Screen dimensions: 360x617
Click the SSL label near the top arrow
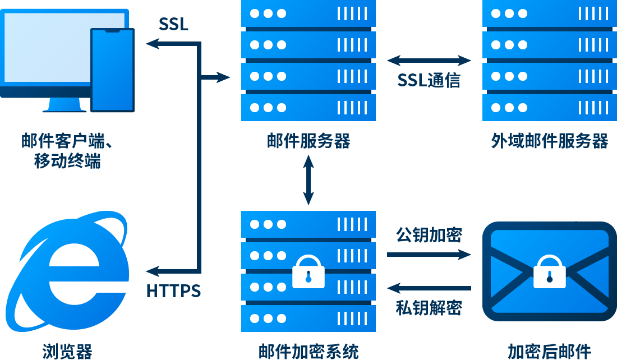click(173, 24)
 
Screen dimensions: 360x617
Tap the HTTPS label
click(173, 292)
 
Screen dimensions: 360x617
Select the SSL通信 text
click(429, 80)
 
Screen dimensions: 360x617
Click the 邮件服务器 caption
click(308, 141)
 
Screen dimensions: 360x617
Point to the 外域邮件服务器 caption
click(550, 141)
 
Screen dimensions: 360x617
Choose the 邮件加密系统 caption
click(308, 351)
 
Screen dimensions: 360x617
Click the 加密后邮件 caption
click(550, 351)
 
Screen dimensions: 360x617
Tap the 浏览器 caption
click(67, 351)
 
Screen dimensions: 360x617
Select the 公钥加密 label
click(429, 234)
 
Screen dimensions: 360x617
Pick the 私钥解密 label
click(429, 308)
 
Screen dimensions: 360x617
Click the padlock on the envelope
click(550, 272)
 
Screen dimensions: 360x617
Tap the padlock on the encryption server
click(308, 271)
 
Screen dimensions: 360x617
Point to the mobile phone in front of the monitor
click(113, 70)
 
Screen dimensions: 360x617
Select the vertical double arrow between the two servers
click(308, 179)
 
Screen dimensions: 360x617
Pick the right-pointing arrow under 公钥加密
click(429, 255)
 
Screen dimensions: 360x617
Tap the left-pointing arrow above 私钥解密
click(429, 288)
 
